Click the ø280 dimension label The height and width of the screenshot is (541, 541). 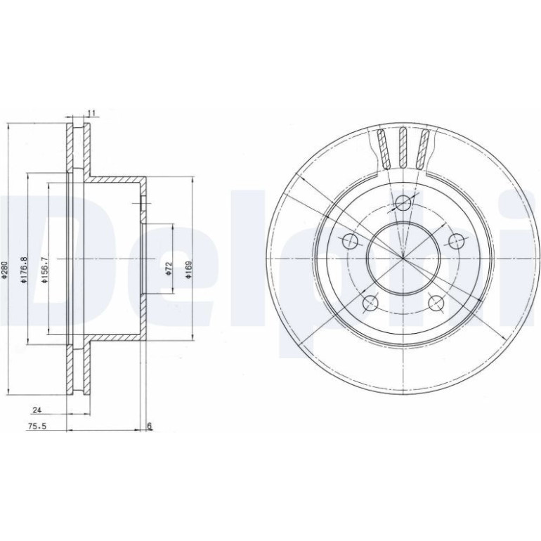[x=4, y=269]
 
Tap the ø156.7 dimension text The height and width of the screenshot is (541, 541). [x=44, y=270]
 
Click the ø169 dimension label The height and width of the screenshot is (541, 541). [x=188, y=269]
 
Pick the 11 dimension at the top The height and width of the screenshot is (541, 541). [x=91, y=113]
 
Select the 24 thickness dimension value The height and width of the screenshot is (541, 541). [x=37, y=410]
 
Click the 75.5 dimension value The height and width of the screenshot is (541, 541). [x=37, y=426]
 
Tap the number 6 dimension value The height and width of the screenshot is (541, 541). [x=150, y=426]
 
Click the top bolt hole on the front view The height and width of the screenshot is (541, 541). [x=403, y=203]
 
